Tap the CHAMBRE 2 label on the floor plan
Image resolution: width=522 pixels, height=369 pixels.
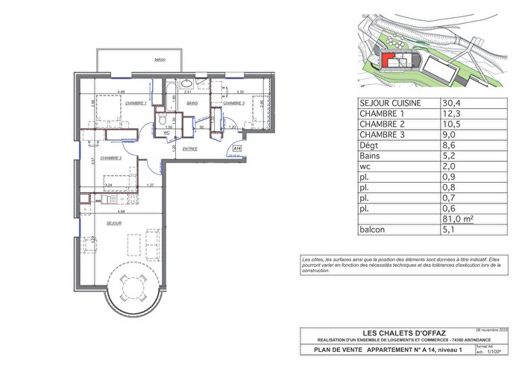110,159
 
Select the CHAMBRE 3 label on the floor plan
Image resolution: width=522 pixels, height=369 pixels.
233,103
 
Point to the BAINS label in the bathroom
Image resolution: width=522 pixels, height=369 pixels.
192,103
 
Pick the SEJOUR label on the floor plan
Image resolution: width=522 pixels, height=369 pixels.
114,223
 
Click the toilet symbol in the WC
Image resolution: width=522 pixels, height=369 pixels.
160,119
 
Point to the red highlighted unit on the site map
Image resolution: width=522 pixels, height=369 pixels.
389,60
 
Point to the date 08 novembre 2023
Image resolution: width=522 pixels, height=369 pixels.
491,328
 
